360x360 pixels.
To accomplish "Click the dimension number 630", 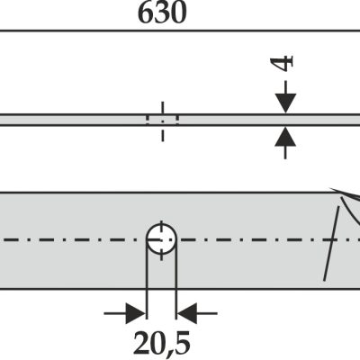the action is (x=162, y=13).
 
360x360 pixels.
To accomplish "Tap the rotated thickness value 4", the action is (x=282, y=63).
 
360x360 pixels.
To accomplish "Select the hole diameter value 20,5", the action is (x=162, y=343).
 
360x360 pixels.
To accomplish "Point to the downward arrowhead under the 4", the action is (x=285, y=103).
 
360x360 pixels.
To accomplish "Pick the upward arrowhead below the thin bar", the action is (x=285, y=137).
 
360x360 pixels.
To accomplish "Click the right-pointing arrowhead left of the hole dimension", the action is (x=136, y=313).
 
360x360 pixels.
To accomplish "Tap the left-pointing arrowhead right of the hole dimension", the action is (x=187, y=313).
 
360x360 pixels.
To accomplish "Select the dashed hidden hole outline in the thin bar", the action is (x=163, y=120).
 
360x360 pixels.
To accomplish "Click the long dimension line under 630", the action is (x=180, y=31).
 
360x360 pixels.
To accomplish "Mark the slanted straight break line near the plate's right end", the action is (x=331, y=243).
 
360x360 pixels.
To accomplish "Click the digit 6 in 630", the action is (x=146, y=13).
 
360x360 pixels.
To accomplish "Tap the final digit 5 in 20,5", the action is (x=182, y=343).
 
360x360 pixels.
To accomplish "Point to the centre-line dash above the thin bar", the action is (x=163, y=108).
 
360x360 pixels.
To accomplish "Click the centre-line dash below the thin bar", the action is (x=163, y=133).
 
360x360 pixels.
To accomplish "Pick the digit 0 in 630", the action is (x=178, y=13).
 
